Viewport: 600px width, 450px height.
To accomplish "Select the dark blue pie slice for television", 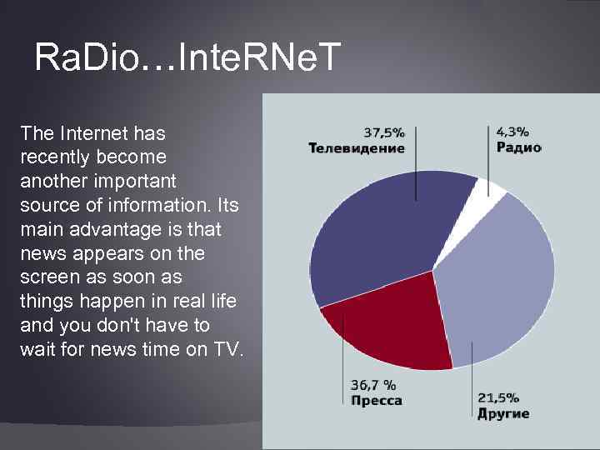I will tap(375, 242).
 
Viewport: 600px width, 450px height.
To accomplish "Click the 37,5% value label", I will tap(384, 132).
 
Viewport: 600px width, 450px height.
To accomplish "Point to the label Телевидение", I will tap(357, 148).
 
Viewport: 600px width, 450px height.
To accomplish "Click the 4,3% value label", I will tap(512, 132).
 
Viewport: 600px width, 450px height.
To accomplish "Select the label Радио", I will tap(518, 147).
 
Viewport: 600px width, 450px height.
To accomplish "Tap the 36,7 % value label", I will tap(372, 385).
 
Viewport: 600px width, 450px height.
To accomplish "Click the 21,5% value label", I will tap(497, 397).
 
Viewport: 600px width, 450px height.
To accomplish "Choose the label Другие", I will tap(502, 414).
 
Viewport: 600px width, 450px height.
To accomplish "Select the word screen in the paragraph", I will tap(44, 277).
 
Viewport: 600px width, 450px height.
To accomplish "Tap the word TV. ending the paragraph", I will tap(227, 349).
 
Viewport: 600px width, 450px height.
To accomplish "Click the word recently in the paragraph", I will tap(49, 157).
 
